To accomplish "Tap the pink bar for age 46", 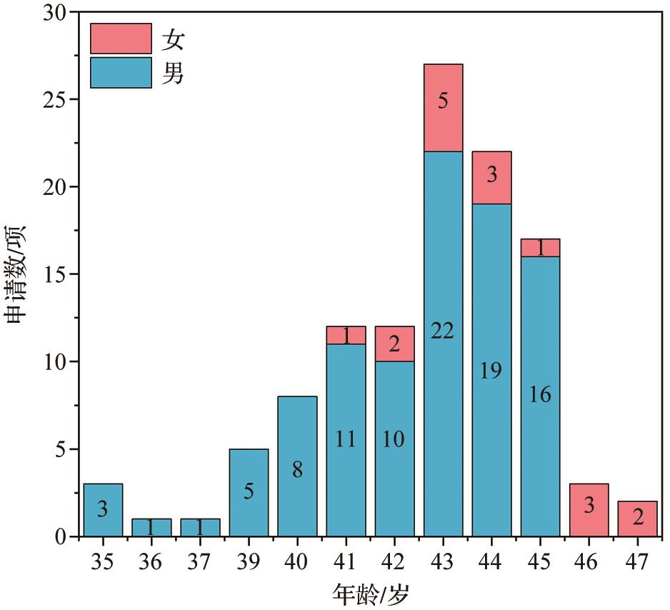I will [589, 510].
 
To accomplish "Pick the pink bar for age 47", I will [637, 519].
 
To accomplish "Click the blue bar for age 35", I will [103, 510].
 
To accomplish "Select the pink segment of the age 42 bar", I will [394, 343].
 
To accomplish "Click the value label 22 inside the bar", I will [443, 331].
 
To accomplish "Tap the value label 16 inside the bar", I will [540, 394].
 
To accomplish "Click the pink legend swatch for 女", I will [121, 39].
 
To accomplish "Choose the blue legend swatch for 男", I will [121, 72].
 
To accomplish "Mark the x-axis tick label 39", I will [249, 561].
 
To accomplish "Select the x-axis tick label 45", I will [540, 561].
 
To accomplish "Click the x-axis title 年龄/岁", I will [371, 594].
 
